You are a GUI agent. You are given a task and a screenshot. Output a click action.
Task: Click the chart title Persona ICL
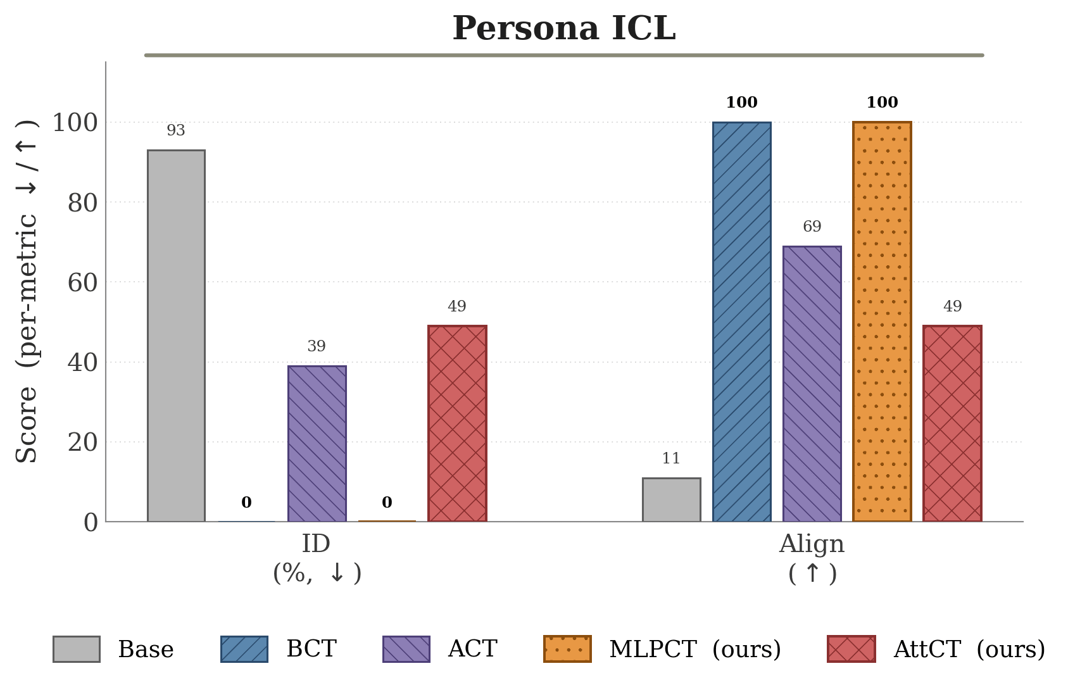(x=564, y=28)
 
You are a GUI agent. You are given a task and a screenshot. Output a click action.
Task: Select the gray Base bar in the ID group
(x=177, y=336)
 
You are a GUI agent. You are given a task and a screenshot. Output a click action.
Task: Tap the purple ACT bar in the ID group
(x=317, y=444)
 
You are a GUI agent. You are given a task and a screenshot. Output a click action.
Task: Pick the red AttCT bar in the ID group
(x=457, y=424)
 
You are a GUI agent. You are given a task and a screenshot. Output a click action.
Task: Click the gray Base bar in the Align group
(x=672, y=500)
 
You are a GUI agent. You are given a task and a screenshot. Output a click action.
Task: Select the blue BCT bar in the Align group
(x=742, y=322)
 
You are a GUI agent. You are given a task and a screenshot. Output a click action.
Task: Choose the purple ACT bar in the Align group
(x=812, y=384)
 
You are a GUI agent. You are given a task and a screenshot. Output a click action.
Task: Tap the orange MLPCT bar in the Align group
(x=882, y=322)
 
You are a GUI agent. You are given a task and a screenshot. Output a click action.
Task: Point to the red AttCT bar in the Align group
(x=953, y=424)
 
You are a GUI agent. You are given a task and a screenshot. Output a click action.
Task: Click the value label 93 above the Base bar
(x=176, y=130)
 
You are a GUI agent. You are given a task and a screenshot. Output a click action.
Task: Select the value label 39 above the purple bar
(x=317, y=346)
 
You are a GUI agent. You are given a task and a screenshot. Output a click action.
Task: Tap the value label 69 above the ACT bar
(x=812, y=227)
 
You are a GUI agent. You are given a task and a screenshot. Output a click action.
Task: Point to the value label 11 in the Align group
(x=671, y=458)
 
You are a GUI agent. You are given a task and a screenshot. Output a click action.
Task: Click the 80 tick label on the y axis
(x=82, y=203)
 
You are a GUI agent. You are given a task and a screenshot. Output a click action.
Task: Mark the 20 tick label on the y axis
(x=82, y=443)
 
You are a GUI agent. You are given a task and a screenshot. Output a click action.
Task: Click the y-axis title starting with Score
(x=27, y=291)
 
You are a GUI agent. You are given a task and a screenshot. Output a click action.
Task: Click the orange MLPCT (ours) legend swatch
(x=567, y=649)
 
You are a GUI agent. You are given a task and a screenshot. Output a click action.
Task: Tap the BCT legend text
(x=311, y=649)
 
